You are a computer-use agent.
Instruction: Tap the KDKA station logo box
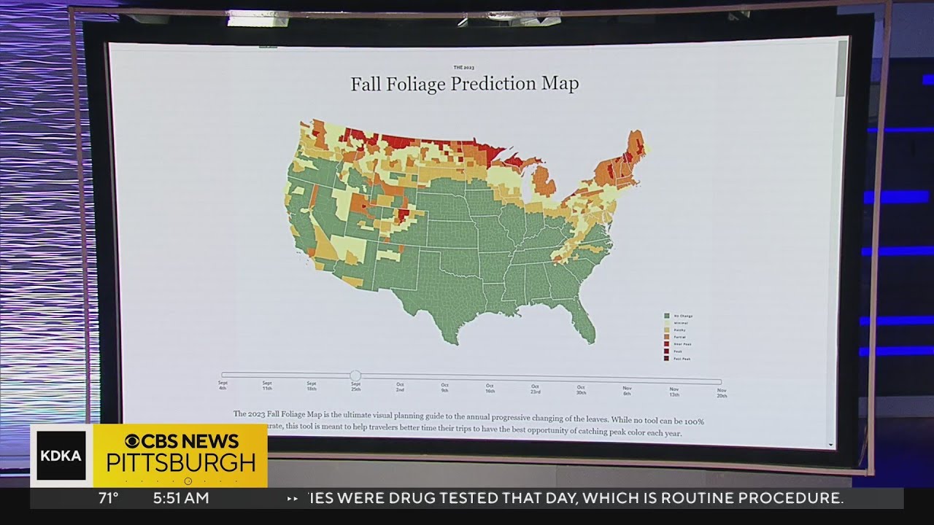tap(61, 456)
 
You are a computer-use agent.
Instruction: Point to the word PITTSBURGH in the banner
tap(181, 463)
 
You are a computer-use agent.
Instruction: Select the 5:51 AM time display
tap(181, 499)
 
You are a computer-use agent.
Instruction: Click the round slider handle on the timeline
tap(355, 376)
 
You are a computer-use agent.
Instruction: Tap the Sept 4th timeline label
tap(223, 385)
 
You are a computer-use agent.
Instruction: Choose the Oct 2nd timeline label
tap(400, 386)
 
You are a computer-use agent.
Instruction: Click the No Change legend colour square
tap(666, 316)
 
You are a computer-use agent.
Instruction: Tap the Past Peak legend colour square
tap(666, 359)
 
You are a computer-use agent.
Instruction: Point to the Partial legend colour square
tap(666, 337)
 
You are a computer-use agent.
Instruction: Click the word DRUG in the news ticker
tap(455, 499)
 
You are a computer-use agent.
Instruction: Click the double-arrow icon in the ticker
tap(292, 499)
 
